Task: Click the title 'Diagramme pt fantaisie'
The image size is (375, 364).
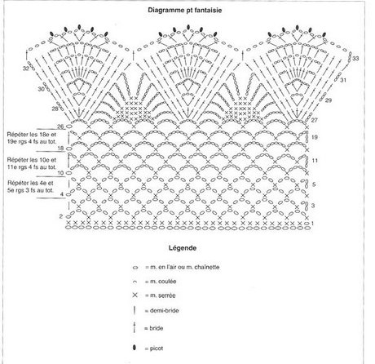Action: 185,11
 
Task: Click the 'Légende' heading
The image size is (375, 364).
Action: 183,248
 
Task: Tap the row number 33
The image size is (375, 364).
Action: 355,59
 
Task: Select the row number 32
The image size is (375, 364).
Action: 25,69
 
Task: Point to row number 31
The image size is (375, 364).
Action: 343,80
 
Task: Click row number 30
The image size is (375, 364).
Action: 41,89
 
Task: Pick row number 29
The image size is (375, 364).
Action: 329,100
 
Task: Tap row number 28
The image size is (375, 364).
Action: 55,109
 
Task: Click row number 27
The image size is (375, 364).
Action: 314,120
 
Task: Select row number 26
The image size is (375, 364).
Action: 60,127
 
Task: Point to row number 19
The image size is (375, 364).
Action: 314,137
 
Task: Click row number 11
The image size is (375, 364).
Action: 315,161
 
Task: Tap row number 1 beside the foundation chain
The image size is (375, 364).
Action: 312,224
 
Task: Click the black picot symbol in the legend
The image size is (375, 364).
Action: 135,348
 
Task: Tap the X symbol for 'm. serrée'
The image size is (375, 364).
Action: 135,295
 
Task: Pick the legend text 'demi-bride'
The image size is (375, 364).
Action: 164,310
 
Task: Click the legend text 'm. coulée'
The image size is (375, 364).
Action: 163,282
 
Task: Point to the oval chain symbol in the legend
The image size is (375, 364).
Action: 135,268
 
